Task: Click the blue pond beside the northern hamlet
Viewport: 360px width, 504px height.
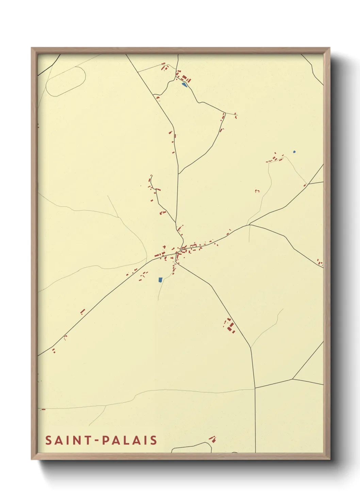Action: point(184,84)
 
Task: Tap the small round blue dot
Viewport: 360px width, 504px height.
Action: point(294,152)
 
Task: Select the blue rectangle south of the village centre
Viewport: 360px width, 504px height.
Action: point(160,280)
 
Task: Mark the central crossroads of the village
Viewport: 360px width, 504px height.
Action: point(177,253)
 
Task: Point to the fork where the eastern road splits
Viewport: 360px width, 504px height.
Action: point(249,225)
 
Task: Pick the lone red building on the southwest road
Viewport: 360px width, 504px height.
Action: point(82,311)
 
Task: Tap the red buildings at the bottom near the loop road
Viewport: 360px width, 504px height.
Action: point(213,439)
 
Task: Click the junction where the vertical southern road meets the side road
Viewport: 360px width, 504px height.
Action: point(255,388)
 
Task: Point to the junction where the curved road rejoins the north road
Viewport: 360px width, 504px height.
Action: point(179,174)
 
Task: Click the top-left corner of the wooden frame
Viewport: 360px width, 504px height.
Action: point(32,48)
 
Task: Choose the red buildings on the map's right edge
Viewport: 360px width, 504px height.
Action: point(320,262)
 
